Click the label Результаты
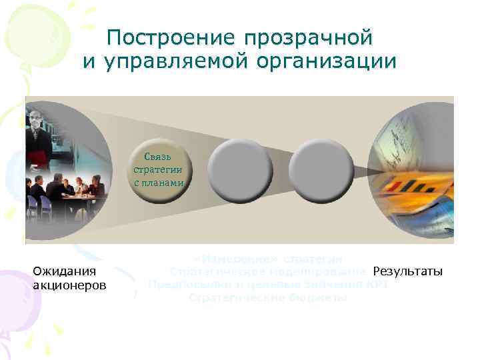407,271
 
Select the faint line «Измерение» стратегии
267,258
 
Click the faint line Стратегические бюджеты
267,297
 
